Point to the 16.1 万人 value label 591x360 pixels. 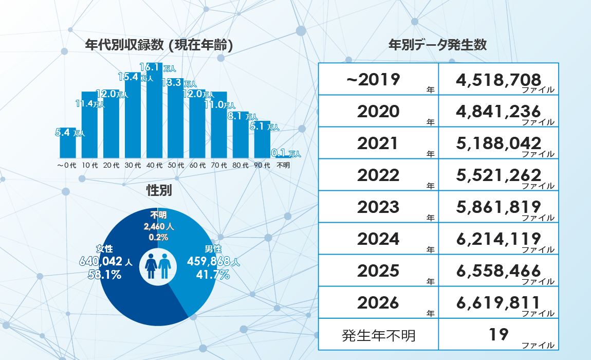[x=158, y=67]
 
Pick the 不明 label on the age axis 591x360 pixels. [x=283, y=166]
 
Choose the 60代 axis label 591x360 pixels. [x=197, y=166]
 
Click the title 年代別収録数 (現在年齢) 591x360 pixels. [x=159, y=45]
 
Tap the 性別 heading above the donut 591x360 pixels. [x=159, y=190]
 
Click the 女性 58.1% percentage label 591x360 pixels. [x=105, y=275]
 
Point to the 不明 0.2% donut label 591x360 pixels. [x=158, y=238]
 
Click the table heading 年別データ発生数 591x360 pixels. [x=438, y=45]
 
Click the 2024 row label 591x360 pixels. [x=379, y=239]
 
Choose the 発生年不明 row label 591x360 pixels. [x=379, y=335]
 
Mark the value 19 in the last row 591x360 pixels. [x=498, y=335]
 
